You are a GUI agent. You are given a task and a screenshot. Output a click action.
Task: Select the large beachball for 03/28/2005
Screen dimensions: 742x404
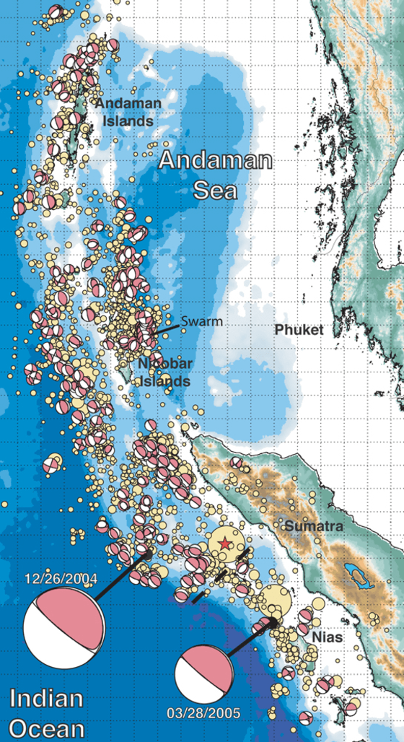204,674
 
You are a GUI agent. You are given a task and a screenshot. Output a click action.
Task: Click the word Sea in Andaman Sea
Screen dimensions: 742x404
217,189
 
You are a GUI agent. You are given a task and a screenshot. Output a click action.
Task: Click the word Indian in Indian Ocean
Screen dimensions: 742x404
46,698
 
